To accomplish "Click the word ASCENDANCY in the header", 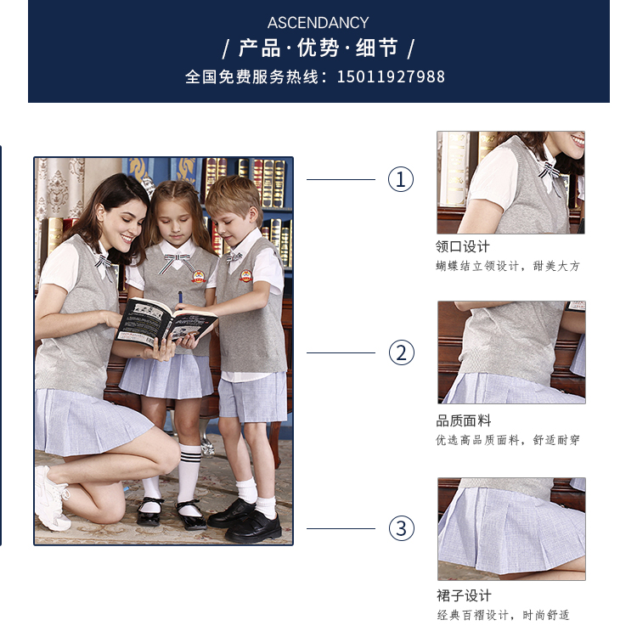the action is point(318,23).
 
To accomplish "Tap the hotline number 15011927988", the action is point(391,76).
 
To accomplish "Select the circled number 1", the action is point(401,179).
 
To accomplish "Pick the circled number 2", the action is point(402,352).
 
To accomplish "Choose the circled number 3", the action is point(402,528).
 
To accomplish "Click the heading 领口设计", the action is point(463,246).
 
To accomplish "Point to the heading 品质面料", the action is point(464,421).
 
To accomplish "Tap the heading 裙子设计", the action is point(464,595).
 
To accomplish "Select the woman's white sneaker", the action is point(51,499).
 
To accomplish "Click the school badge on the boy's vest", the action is point(245,276).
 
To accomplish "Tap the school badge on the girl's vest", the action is point(198,277).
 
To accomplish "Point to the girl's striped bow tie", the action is point(178,262).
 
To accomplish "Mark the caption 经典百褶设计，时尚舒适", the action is point(503,615).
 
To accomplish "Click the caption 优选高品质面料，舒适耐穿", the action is point(508,440).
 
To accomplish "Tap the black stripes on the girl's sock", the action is point(189,454).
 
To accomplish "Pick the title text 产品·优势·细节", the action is point(318,48).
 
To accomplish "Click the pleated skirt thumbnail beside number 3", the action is point(511,529).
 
